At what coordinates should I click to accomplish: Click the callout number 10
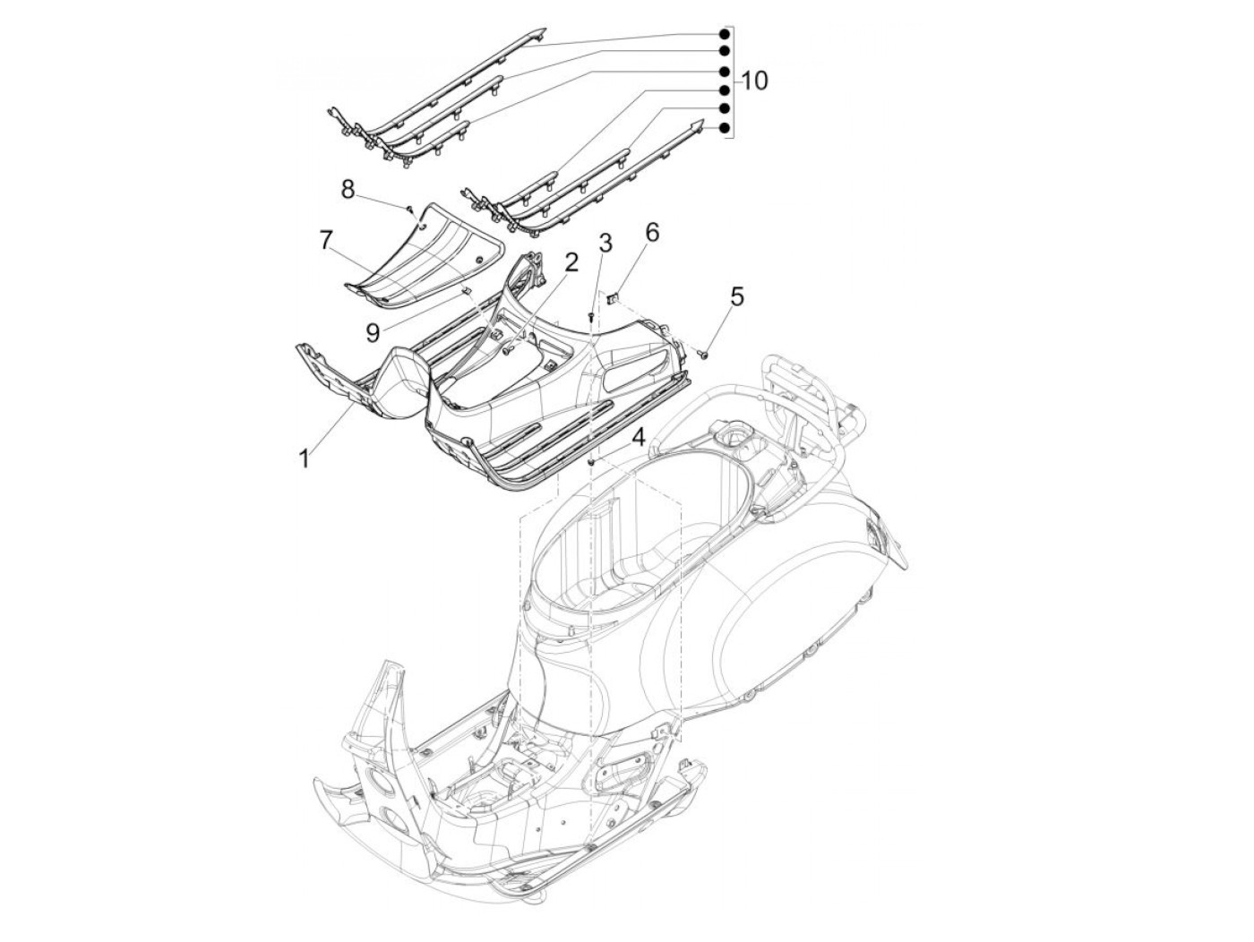click(754, 81)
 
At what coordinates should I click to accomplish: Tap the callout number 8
click(348, 189)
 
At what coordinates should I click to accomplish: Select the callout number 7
click(326, 239)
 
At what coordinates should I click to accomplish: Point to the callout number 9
click(371, 332)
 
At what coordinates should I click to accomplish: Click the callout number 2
click(571, 261)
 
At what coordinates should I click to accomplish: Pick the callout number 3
click(606, 243)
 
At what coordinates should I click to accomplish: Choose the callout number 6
click(651, 233)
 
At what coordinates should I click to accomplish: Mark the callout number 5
click(736, 297)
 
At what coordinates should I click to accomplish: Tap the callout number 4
click(637, 438)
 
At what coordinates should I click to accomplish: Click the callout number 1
click(305, 458)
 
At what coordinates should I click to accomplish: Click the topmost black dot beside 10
click(722, 33)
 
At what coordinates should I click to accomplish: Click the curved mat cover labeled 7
click(421, 251)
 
